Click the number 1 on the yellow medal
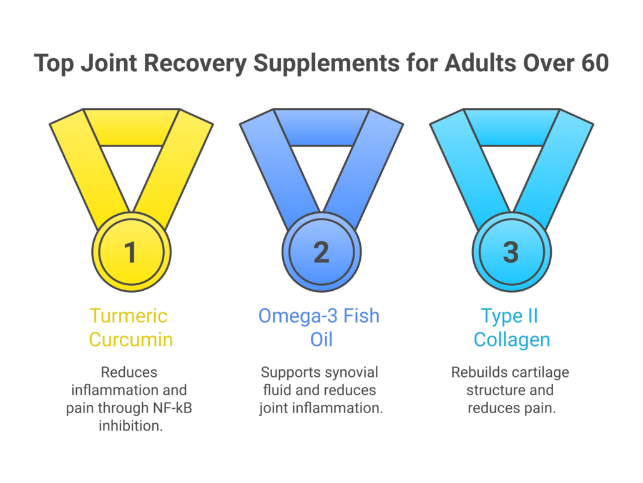point(130,251)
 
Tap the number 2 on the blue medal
point(321,251)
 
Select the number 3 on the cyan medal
point(511,251)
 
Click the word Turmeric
point(129,316)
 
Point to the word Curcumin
point(131,340)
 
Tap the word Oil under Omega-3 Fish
point(321,340)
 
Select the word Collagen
point(512,340)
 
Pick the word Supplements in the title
point(326,64)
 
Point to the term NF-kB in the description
point(172,408)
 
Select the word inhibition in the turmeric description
point(131,426)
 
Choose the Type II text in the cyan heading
point(509,316)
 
